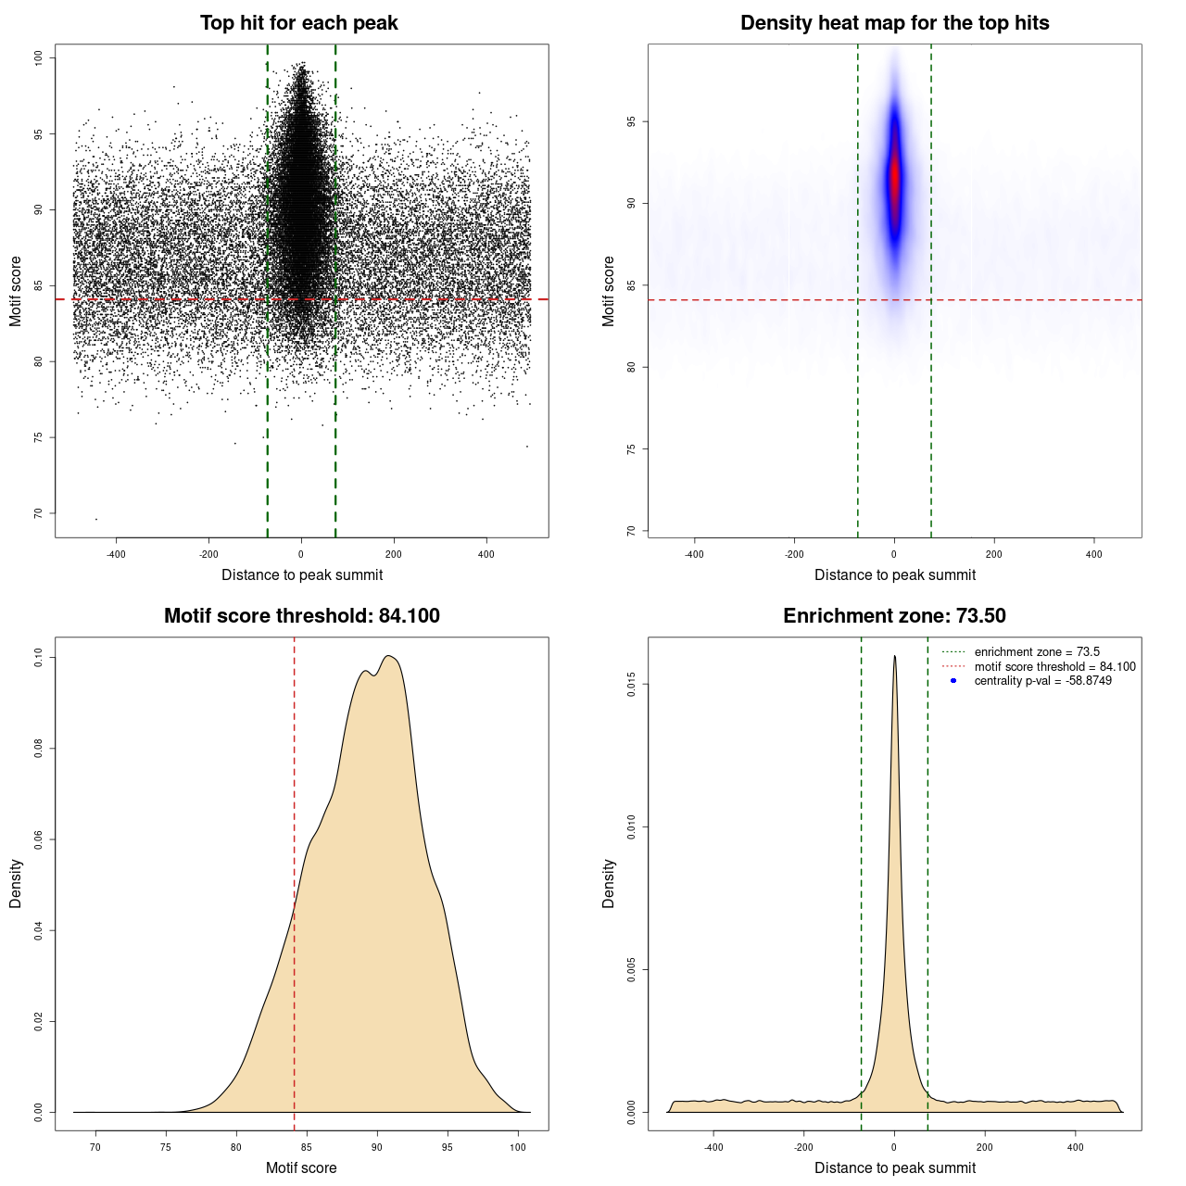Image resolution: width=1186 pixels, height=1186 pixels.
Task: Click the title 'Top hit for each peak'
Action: [298, 23]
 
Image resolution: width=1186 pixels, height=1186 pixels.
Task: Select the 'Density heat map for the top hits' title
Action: [894, 23]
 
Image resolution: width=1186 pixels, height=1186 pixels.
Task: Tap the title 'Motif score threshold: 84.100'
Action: [301, 616]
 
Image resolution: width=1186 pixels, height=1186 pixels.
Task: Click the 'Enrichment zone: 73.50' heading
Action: [894, 616]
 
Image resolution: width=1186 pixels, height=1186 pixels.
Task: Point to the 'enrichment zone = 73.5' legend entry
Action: [1037, 652]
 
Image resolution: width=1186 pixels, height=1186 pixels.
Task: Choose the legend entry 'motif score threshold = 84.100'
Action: [1054, 666]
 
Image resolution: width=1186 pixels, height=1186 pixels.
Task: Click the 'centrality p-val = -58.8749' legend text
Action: [1042, 681]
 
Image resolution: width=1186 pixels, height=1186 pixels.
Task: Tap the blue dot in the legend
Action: [953, 681]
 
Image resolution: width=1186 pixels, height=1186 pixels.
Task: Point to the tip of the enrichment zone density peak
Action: [894, 657]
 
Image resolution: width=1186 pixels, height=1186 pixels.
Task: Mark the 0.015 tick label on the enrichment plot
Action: [631, 685]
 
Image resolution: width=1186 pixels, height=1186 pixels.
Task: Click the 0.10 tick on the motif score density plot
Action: [38, 658]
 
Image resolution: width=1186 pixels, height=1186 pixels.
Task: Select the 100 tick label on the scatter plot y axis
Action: [38, 57]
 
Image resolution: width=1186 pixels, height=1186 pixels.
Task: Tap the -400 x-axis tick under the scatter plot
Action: [116, 554]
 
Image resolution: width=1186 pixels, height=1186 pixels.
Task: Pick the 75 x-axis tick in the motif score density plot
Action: [166, 1147]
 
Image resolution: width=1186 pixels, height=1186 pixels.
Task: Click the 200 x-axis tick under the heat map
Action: [994, 554]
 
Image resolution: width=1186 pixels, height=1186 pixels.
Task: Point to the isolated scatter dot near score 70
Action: [95, 519]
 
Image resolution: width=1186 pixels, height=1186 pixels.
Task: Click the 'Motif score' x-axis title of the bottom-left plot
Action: [301, 1167]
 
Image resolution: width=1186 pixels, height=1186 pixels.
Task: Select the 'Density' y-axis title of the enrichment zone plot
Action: [609, 883]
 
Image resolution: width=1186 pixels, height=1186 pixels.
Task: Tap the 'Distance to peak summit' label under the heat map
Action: [894, 574]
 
